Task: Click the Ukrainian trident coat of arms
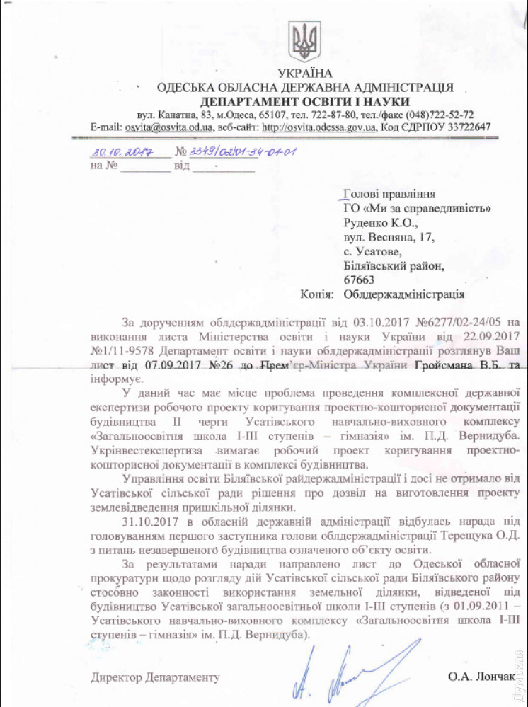pyautogui.click(x=306, y=40)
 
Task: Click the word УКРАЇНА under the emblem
pyautogui.click(x=305, y=74)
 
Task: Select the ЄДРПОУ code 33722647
pyautogui.click(x=465, y=127)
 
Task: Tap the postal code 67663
pyautogui.click(x=360, y=280)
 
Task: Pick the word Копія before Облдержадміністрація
pyautogui.click(x=317, y=294)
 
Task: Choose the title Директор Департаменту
pyautogui.click(x=155, y=677)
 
